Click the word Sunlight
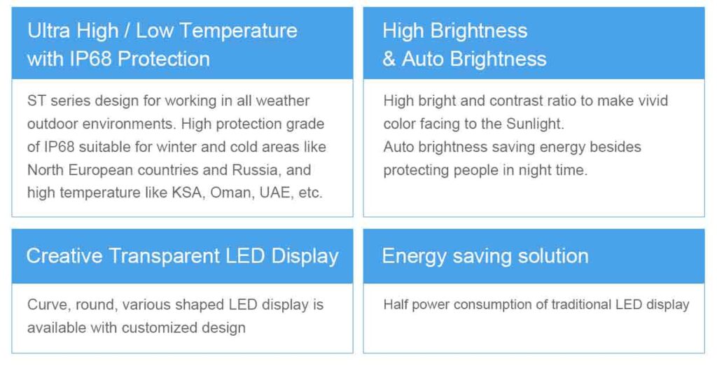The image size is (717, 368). click(535, 125)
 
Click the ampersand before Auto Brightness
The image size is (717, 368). click(389, 59)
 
